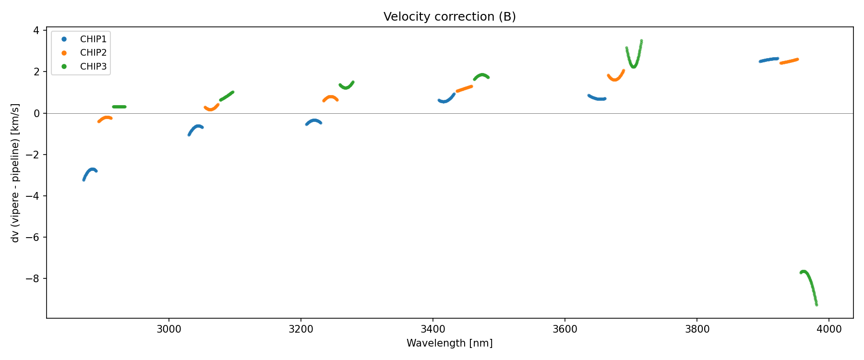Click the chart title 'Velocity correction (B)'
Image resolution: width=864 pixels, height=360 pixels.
449,17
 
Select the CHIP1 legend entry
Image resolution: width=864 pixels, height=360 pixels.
93,39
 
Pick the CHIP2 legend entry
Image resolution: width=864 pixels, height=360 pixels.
93,53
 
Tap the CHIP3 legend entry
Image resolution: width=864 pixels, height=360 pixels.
93,67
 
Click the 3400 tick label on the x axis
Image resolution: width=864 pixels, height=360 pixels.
433,329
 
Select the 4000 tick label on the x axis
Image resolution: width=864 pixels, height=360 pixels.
829,329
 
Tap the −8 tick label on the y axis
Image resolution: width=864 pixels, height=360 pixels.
33,279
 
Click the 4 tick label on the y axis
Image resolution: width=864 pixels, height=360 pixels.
36,31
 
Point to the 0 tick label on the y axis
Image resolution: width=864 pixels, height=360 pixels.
36,113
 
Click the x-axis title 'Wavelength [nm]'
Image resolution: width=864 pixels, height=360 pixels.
449,343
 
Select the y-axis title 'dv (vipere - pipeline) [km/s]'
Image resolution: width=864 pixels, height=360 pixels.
15,172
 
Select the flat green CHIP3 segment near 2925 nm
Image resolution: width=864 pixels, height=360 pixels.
119,107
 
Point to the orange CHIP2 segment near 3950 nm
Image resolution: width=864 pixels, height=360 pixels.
789,61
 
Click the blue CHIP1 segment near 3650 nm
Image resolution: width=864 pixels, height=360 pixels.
597,98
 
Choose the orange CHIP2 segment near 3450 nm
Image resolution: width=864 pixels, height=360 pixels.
464,88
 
